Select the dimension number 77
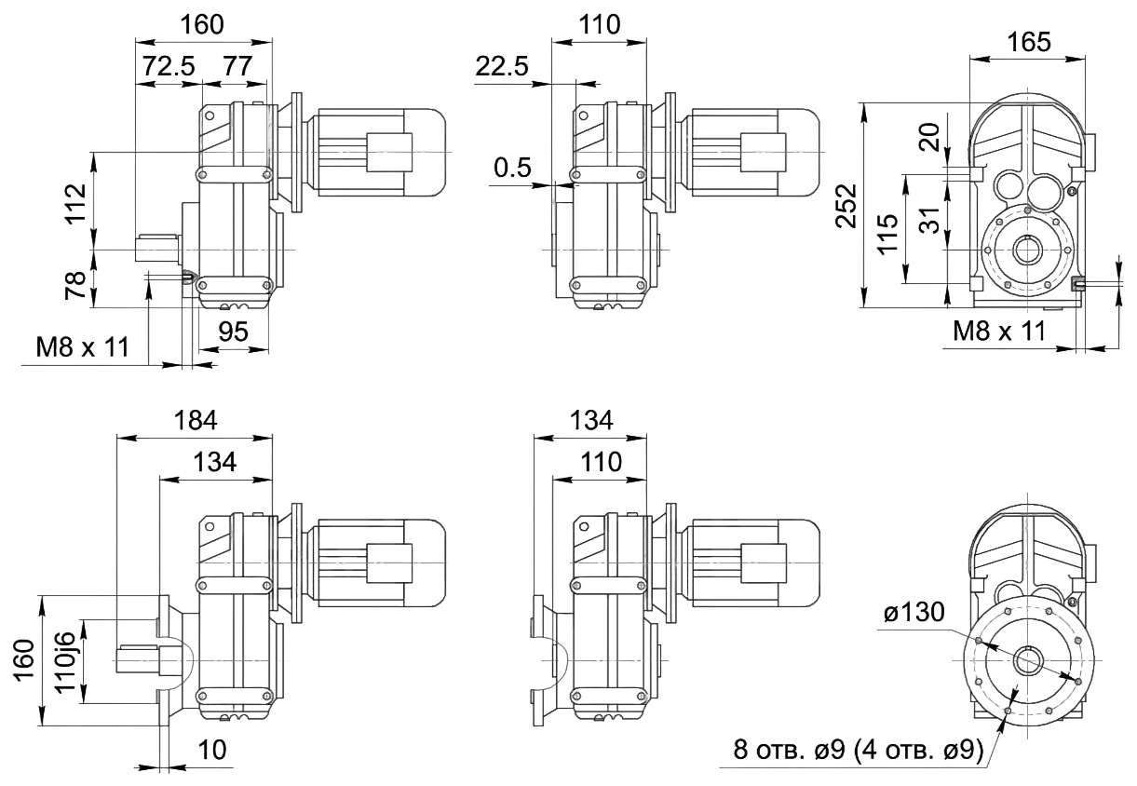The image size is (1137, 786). (x=237, y=69)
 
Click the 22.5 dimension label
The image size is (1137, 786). (x=502, y=67)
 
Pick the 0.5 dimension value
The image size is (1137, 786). (x=513, y=169)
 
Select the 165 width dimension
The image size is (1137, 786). (x=1029, y=42)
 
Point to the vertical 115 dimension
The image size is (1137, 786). (x=888, y=233)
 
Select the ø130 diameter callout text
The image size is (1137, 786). (x=914, y=613)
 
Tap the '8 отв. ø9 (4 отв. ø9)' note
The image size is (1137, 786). (x=858, y=752)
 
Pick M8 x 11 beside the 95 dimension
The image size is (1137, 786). (x=82, y=348)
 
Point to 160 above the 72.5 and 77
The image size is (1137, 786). (x=203, y=25)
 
